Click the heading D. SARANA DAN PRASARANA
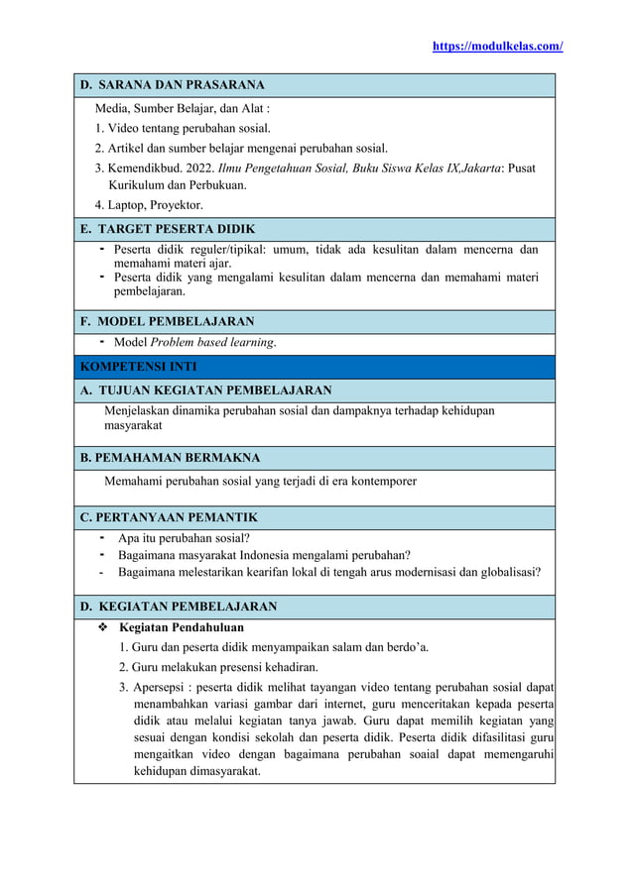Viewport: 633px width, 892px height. [x=172, y=85]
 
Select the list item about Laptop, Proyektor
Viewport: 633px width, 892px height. [x=149, y=205]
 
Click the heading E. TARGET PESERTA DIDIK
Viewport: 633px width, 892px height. [x=168, y=229]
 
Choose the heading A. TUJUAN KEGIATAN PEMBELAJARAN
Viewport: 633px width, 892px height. [x=205, y=390]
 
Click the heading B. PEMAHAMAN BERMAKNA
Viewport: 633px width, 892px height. [x=170, y=458]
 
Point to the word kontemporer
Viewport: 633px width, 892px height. [x=383, y=482]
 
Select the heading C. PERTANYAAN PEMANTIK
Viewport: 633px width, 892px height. [x=169, y=517]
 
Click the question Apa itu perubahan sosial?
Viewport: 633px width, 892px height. [x=184, y=538]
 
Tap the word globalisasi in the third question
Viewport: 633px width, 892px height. [x=505, y=571]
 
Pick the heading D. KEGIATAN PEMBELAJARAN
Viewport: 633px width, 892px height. [x=179, y=606]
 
